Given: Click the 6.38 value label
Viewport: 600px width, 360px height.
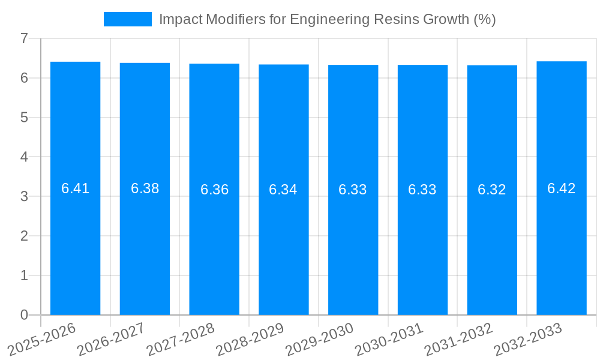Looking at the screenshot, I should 145,188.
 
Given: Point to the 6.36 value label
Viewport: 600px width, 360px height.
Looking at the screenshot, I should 214,190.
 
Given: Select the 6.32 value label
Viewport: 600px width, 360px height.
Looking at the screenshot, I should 491,190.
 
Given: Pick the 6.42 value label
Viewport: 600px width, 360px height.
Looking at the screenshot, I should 561,188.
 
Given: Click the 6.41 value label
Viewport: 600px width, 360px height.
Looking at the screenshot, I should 75,188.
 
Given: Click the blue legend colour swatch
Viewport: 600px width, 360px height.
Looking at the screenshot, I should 128,19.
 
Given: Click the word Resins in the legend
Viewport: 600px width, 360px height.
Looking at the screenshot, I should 390,19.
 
